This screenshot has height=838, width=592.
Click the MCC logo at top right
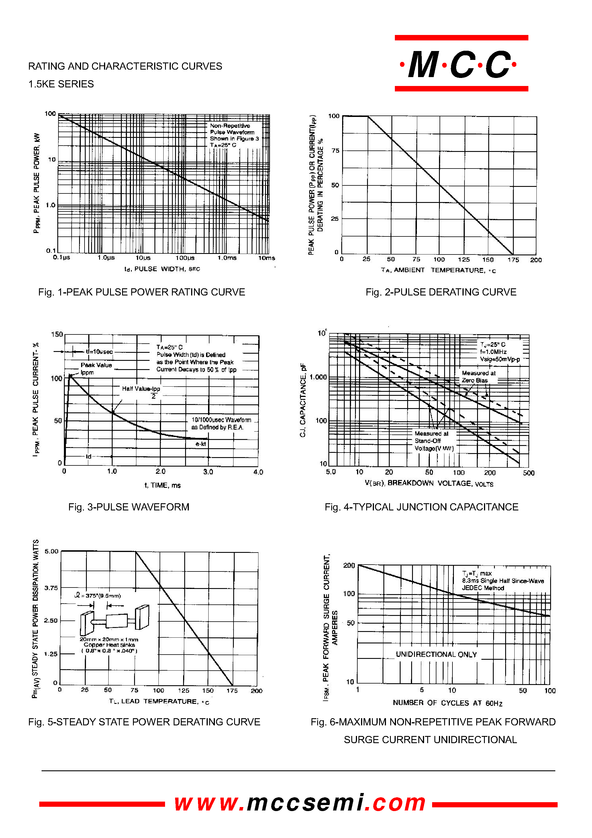click(461, 64)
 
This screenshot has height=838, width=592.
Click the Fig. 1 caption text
click(141, 292)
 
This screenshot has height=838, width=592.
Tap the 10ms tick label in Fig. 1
click(266, 258)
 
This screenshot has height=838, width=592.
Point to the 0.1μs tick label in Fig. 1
click(61, 257)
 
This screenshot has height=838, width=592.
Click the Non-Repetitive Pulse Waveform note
click(234, 135)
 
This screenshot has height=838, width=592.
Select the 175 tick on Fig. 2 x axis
click(513, 260)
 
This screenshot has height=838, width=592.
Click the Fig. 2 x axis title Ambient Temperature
click(438, 271)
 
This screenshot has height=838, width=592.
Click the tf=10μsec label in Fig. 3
click(99, 351)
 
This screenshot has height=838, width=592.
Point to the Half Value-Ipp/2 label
click(141, 391)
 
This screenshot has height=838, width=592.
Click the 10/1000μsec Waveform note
click(221, 423)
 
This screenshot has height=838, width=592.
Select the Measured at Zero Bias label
click(478, 377)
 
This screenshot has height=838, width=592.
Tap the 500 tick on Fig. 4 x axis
click(528, 473)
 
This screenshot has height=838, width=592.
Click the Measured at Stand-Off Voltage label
click(434, 441)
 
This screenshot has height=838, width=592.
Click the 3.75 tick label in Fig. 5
click(51, 588)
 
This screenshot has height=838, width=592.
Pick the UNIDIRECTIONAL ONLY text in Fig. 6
click(436, 654)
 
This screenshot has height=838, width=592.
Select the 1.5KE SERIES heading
click(61, 84)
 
